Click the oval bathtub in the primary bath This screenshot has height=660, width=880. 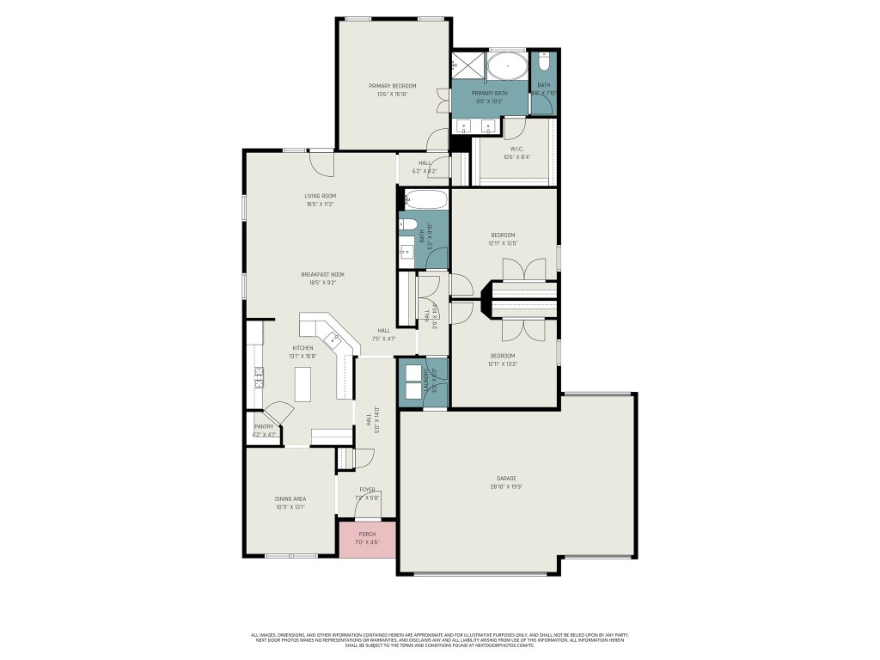pos(508,65)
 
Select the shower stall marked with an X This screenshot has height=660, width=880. pos(467,65)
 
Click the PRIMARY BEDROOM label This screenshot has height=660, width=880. pos(393,86)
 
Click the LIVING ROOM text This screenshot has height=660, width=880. pos(320,196)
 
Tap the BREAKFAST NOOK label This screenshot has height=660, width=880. pos(319,274)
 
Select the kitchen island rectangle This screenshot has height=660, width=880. pos(303,384)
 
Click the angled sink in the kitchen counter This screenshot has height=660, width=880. pos(338,339)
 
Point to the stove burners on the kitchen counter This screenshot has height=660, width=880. pos(257,377)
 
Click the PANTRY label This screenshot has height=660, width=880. pos(264,426)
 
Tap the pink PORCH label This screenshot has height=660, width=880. pos(367,534)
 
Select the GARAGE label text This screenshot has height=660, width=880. pos(506,478)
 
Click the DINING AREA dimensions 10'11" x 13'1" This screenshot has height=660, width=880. pos(290,507)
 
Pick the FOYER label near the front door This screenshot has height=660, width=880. pos(368,489)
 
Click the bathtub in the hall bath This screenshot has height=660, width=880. pos(425,200)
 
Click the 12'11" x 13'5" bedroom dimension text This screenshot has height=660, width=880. pos(504,243)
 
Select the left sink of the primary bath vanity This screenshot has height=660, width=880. pos(464,128)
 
